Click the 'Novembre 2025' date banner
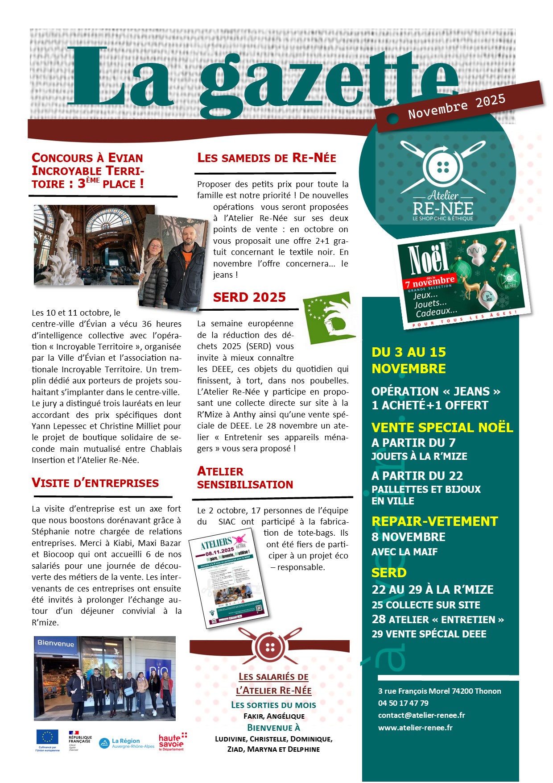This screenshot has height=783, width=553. [458, 106]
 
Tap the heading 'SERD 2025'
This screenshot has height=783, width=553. [249, 297]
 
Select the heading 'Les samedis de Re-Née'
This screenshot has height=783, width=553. [267, 158]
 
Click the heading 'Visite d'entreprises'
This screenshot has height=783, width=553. [95, 483]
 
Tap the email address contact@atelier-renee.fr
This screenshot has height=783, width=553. [421, 715]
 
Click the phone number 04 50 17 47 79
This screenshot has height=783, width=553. [403, 703]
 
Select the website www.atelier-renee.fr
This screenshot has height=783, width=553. [415, 728]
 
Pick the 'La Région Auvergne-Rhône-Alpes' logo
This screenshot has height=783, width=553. [127, 743]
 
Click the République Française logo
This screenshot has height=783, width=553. [80, 740]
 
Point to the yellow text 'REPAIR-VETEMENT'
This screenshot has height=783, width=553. [434, 521]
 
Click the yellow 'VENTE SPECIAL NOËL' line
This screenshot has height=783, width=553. [442, 428]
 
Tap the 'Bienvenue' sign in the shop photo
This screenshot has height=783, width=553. [56, 644]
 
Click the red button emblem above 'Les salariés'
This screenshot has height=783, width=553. [269, 646]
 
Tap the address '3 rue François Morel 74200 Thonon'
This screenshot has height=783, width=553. [439, 691]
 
